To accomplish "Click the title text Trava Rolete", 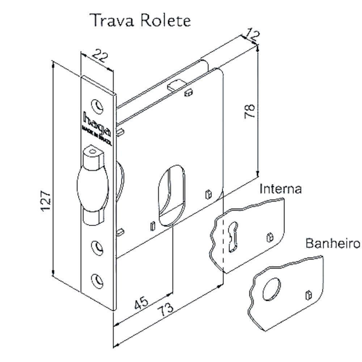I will click(x=140, y=21).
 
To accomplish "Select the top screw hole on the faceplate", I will click(x=97, y=105).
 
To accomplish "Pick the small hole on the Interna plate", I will click(x=269, y=237).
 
